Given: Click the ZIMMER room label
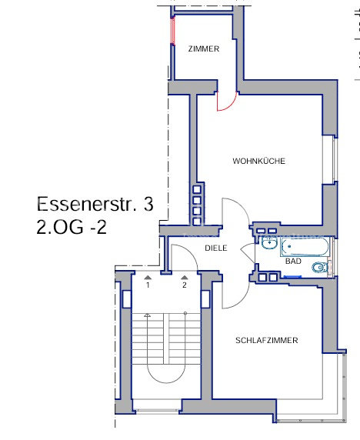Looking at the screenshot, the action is tap(204, 48).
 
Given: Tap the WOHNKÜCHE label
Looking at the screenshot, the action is tap(258, 161).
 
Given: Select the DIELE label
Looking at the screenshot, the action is tap(216, 248).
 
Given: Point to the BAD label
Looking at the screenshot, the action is tap(293, 262).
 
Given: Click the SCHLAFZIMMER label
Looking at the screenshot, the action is tap(267, 340).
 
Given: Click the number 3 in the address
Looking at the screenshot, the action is tap(148, 204).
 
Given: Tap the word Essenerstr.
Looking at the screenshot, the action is tap(87, 204).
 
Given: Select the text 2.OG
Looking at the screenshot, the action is tap(60, 227).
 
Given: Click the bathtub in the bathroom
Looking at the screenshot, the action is tap(305, 246).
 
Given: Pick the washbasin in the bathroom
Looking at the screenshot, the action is tap(269, 243).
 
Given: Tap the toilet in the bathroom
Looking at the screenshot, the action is tap(321, 268).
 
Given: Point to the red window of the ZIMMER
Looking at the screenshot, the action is tap(173, 30).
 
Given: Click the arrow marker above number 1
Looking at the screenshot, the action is tap(148, 278).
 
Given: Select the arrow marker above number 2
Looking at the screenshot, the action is tap(185, 278).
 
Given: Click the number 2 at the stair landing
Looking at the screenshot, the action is tap(185, 285).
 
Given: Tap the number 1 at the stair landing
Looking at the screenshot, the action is tap(148, 285).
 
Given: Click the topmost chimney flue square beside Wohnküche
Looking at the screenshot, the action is tap(197, 189).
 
